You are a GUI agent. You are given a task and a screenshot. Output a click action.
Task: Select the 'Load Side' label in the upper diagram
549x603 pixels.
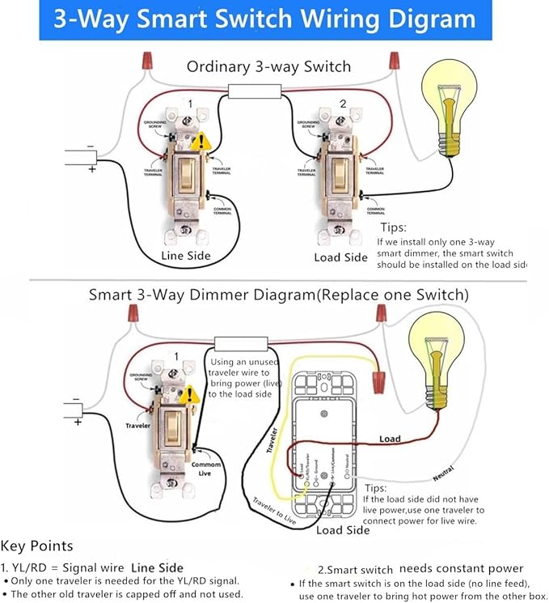340,257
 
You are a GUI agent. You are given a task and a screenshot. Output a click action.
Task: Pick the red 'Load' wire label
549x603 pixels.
391,439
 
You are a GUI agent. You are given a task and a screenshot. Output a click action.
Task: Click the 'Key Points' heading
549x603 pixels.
37,546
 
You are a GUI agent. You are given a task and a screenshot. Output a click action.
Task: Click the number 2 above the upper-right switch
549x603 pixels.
343,104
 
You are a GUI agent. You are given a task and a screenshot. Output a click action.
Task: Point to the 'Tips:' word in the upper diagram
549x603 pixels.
393,227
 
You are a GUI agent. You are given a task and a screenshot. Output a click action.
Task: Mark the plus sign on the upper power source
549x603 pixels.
92,169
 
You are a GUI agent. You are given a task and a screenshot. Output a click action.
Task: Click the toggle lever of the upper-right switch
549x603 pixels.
340,172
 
